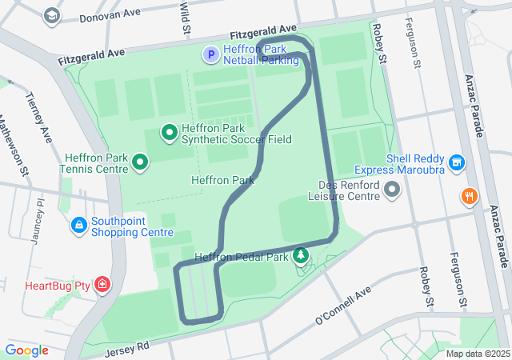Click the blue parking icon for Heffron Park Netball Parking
click(x=210, y=54)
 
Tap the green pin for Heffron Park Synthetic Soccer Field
click(x=170, y=132)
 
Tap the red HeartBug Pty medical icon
click(x=102, y=285)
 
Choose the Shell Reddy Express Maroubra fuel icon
click(x=457, y=163)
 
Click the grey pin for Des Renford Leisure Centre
click(x=392, y=190)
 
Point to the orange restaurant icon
click(x=469, y=196)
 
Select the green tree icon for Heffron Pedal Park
click(x=301, y=256)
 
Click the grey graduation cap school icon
click(x=52, y=15)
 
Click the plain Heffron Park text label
click(x=222, y=180)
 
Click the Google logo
click(x=26, y=350)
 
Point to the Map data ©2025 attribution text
click(x=477, y=354)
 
